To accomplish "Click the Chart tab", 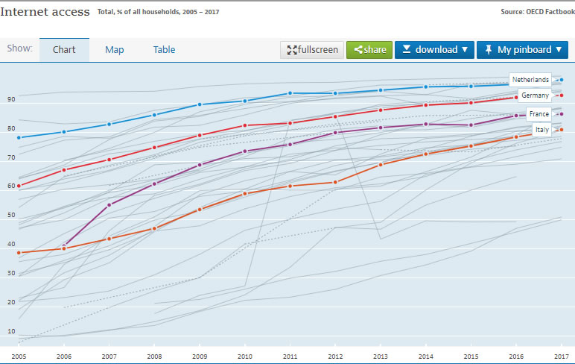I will point(64,50).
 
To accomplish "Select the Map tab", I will point(114,50).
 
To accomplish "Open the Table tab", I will point(164,50).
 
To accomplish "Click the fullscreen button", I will point(312,50).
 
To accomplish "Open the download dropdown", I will point(434,50).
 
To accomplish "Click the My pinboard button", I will point(522,50).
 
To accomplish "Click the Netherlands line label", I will point(530,80).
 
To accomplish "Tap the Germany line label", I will point(535,95).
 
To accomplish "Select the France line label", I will point(539,114).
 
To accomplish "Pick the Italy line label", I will point(543,130).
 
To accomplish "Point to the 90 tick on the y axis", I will point(11,99).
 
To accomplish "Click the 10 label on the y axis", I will point(11,331).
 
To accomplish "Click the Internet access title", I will point(45,12).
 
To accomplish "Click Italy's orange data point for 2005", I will point(19,253).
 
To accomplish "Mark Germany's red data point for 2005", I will point(19,186).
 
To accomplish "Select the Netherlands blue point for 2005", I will point(19,137).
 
